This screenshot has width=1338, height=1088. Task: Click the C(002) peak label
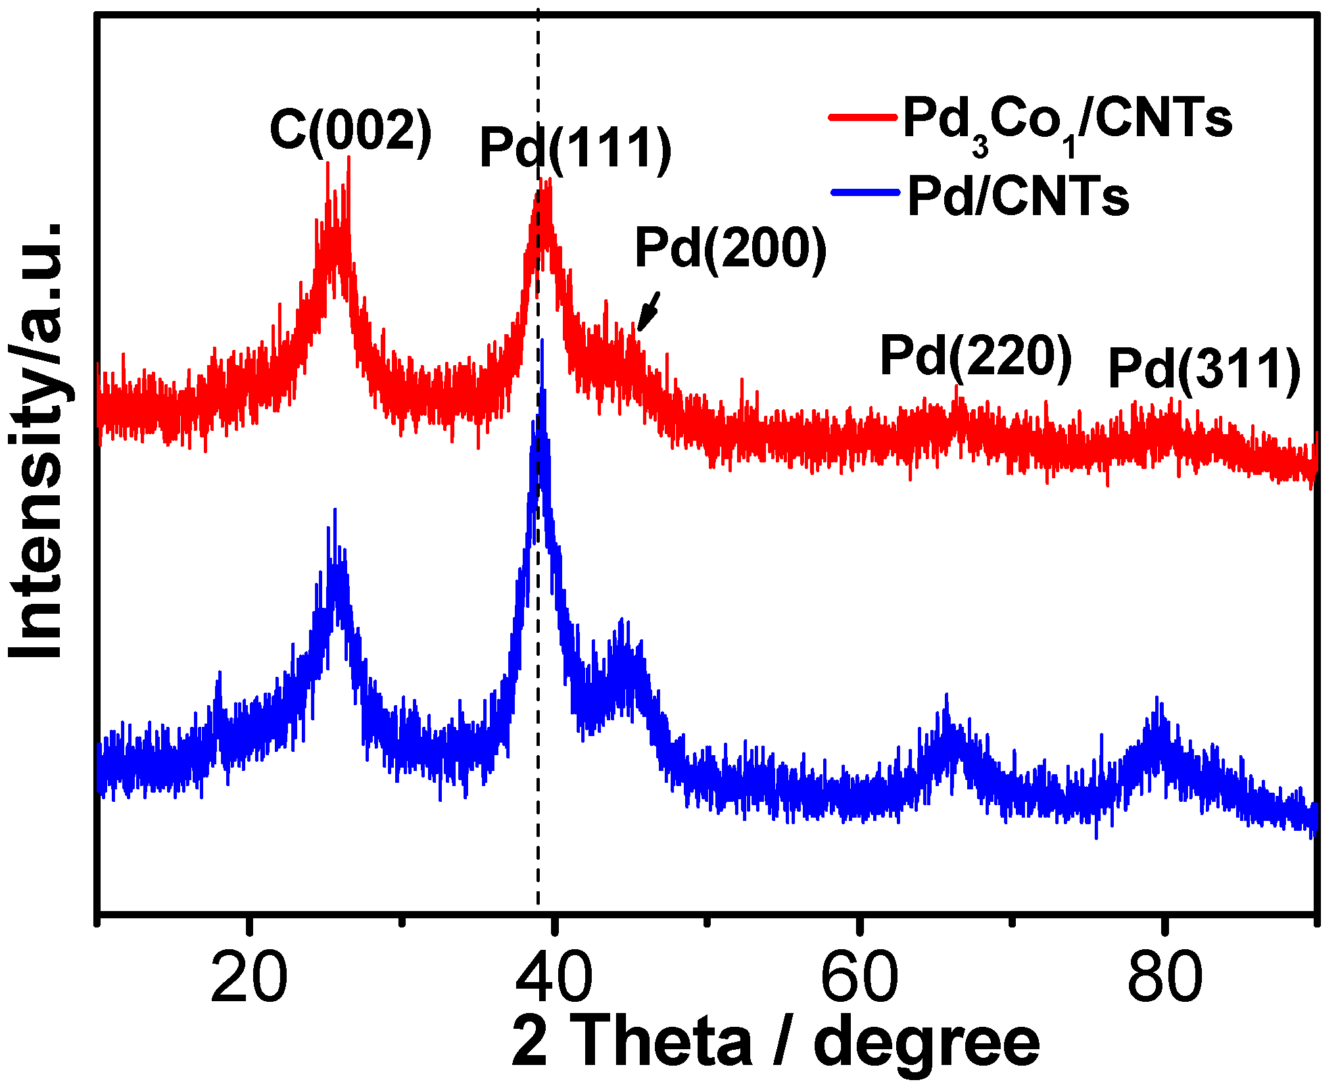(x=350, y=130)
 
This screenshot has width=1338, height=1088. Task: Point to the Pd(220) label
(x=976, y=356)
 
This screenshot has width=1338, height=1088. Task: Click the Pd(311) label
(x=1204, y=369)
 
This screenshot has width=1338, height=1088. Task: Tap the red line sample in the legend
(x=863, y=117)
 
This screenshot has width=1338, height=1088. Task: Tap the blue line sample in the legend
(x=865, y=192)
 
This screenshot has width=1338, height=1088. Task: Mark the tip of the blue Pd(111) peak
(x=542, y=341)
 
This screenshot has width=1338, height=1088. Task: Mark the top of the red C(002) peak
(x=348, y=158)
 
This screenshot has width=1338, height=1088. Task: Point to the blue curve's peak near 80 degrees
(x=1157, y=699)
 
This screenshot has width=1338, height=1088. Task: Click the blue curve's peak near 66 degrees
(x=946, y=695)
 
